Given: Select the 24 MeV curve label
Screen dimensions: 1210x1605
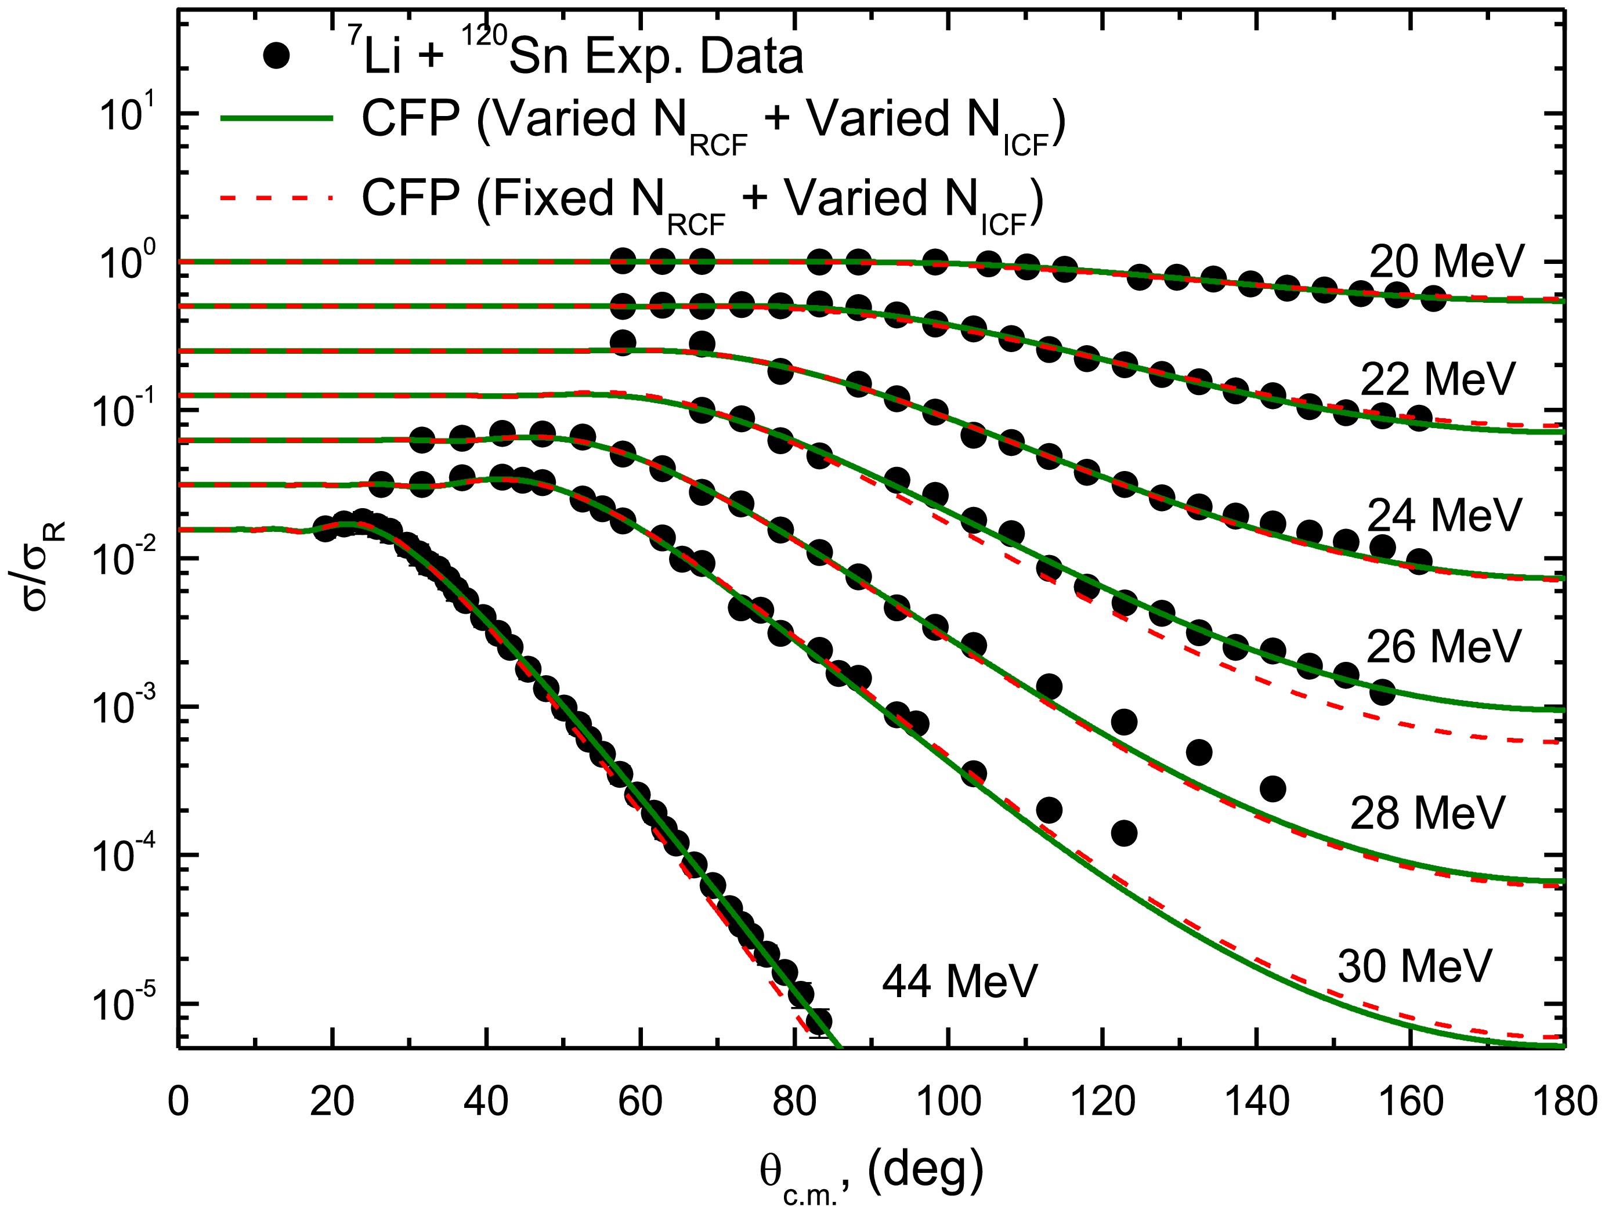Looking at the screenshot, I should [x=1443, y=515].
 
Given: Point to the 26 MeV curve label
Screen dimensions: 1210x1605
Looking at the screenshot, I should [x=1443, y=646].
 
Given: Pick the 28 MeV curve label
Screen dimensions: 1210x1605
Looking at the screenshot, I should [x=1427, y=813].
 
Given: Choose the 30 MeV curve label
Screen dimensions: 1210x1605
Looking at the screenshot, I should [x=1414, y=966].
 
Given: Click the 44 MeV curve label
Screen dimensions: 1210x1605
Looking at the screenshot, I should [x=960, y=981].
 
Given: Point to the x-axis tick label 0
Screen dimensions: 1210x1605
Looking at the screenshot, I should [x=179, y=1102].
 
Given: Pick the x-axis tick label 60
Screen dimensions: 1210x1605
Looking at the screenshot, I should [x=641, y=1102].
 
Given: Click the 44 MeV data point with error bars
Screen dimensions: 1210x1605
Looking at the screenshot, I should [x=819, y=1021].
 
